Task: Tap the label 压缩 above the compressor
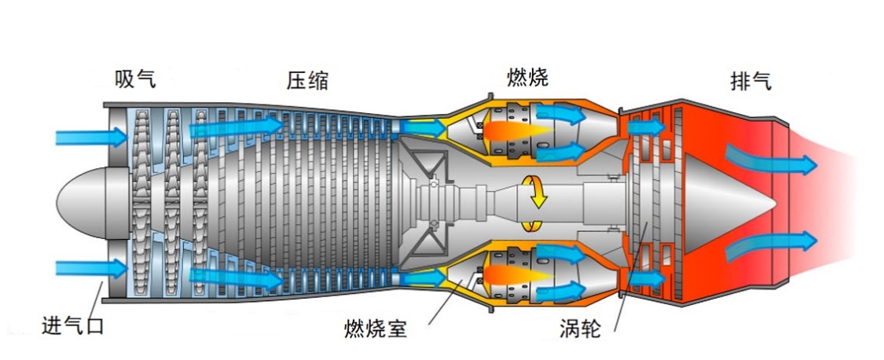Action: (307, 81)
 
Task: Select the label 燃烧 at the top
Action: (528, 77)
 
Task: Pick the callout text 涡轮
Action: (581, 329)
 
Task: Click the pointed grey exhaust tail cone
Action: (728, 201)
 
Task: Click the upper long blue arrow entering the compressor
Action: (237, 127)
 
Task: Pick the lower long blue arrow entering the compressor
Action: (237, 277)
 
